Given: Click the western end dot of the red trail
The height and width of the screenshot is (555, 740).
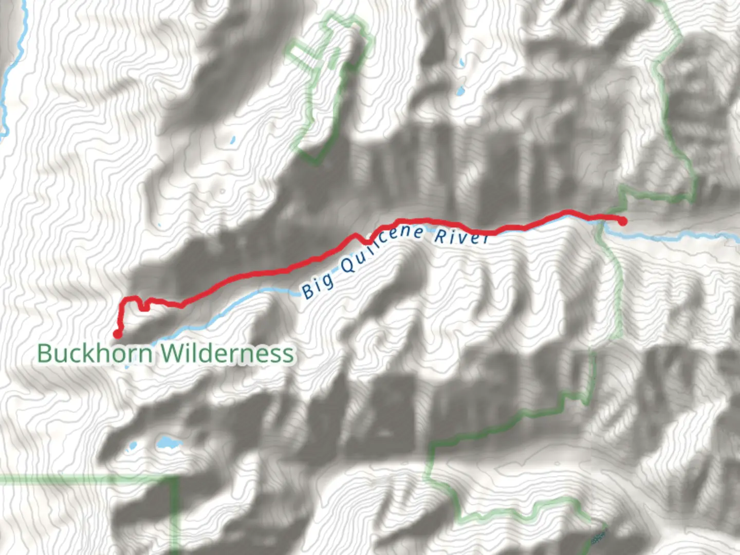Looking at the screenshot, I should pos(117,335).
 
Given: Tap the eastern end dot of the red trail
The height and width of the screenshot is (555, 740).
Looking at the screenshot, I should pos(622,222).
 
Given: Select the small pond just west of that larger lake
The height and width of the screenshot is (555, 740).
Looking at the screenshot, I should pos(132,446).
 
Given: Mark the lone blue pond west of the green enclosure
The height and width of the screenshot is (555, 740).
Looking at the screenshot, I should pos(233,139).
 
